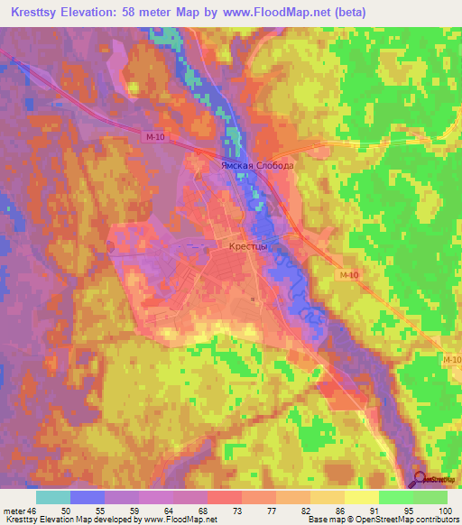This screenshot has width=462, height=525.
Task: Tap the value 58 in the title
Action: (x=146, y=12)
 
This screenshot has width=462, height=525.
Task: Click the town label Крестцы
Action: (x=245, y=244)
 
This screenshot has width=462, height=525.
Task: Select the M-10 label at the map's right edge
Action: (x=451, y=361)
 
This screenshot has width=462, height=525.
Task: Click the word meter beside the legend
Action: (x=13, y=510)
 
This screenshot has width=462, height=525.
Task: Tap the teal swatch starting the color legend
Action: (x=53, y=497)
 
